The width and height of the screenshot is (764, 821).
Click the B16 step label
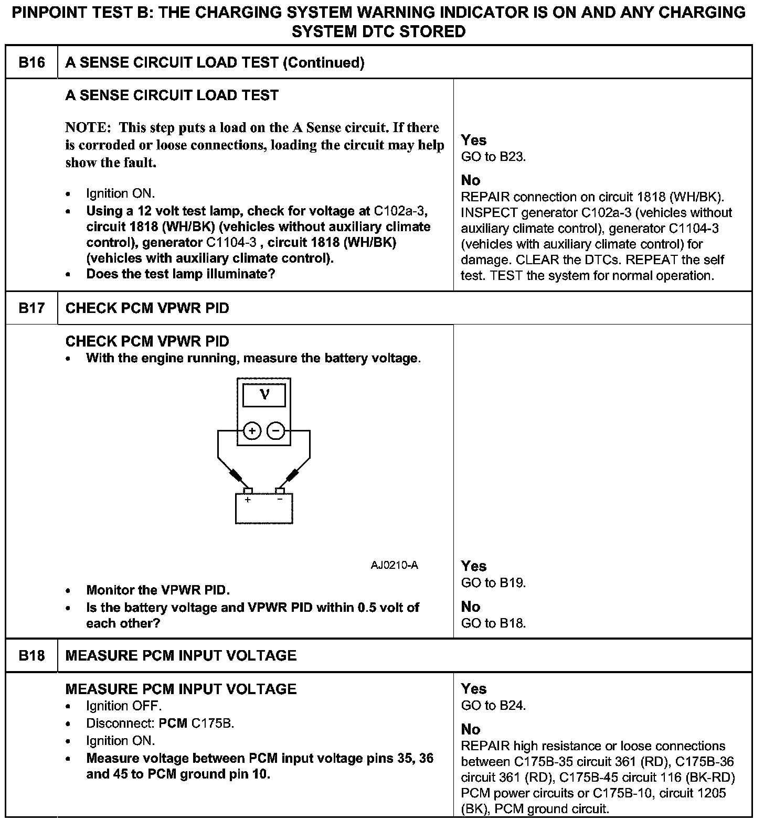[31, 63]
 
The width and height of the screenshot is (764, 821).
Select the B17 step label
[31, 308]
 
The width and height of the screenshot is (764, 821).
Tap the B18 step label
[31, 655]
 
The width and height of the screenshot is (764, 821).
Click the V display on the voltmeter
[264, 395]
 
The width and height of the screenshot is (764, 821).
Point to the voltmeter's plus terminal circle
[252, 431]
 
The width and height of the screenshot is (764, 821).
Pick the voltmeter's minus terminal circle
[277, 431]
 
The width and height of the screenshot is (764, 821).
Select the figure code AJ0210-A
[394, 565]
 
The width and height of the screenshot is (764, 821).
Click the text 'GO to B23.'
[493, 157]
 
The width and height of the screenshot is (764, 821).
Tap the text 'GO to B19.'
[493, 582]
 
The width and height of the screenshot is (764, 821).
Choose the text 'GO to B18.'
[493, 623]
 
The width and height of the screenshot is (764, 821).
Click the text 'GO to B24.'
[493, 706]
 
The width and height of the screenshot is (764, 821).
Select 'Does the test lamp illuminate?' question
[181, 274]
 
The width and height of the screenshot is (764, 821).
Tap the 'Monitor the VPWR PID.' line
[158, 590]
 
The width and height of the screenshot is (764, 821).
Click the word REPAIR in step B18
[485, 746]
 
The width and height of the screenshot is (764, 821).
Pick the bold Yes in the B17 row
[473, 566]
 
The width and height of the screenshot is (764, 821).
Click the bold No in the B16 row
[471, 180]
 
